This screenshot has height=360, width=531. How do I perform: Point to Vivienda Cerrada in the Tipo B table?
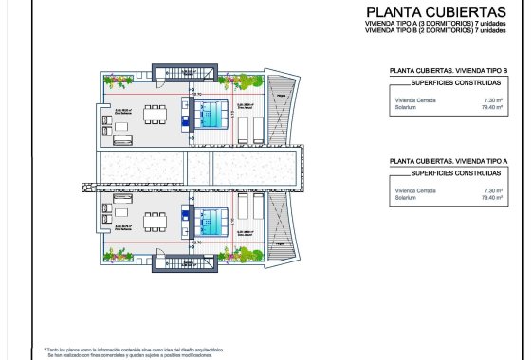(414, 99)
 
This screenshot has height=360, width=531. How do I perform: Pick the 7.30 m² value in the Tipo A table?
(491, 190)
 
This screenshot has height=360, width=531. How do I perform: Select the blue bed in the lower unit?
(212, 222)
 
